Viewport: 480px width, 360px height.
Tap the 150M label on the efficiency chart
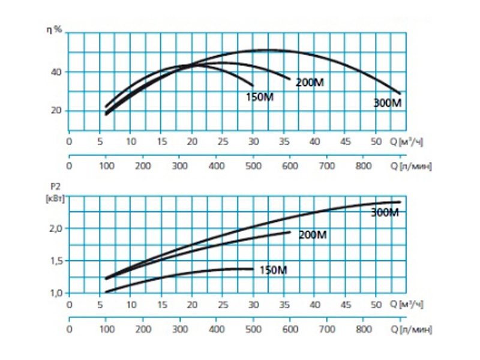(259, 97)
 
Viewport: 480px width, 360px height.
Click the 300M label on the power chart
(385, 212)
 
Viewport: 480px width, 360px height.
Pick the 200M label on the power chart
(313, 235)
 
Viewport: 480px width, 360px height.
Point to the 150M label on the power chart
(273, 270)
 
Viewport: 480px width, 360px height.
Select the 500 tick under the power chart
(253, 329)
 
